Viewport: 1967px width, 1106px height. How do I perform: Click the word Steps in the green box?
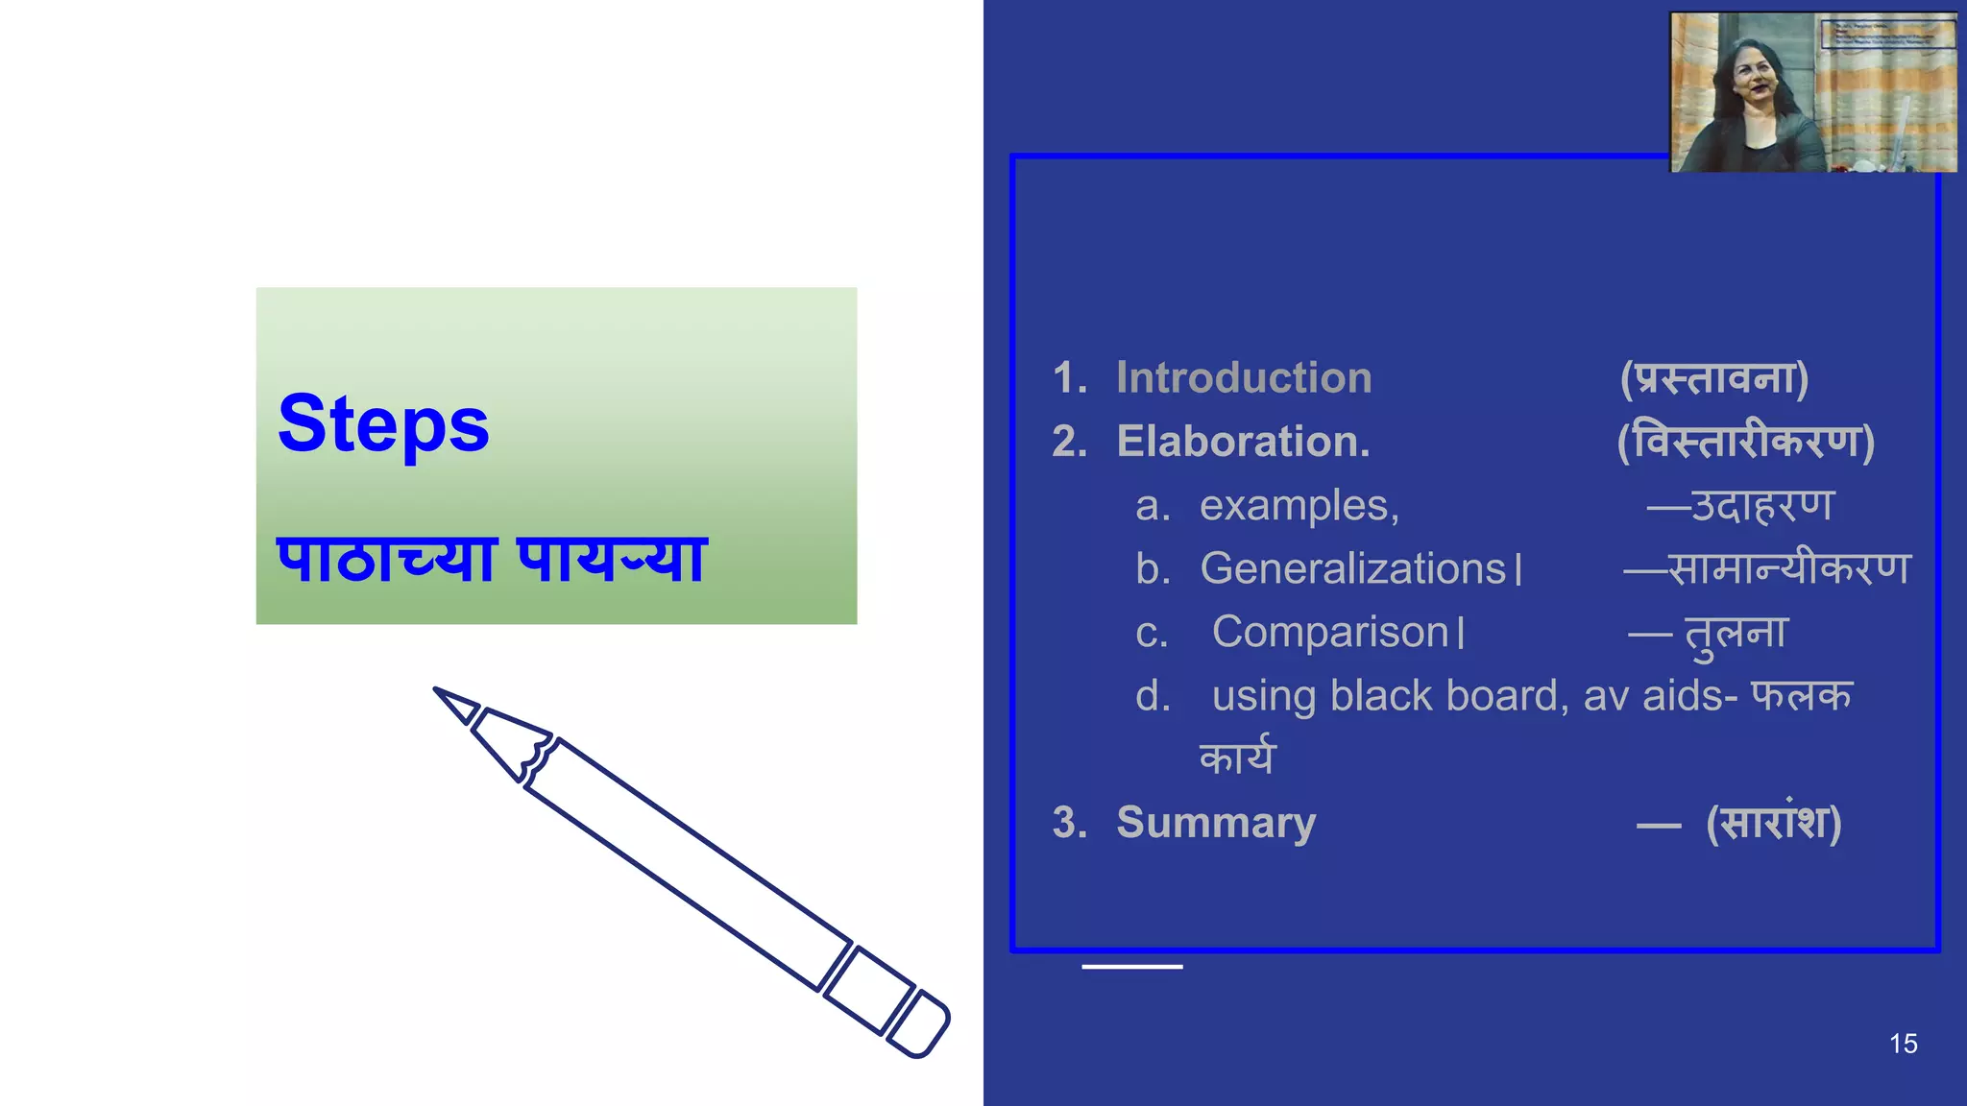383,424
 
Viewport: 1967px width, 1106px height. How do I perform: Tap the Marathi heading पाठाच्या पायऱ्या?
492,559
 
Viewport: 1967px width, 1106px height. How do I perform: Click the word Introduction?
1244,377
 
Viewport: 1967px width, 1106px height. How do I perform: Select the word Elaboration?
1243,442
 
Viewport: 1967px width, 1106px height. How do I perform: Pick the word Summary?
1216,823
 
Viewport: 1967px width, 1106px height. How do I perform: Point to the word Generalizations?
1352,569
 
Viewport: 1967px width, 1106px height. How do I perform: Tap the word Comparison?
1330,633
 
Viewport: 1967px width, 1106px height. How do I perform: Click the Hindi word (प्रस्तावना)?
1714,377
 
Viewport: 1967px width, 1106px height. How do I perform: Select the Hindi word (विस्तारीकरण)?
1746,442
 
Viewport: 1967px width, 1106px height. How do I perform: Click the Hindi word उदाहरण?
1762,506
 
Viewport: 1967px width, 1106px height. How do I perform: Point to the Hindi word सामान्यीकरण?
1789,569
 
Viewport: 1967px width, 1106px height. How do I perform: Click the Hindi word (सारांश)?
1774,823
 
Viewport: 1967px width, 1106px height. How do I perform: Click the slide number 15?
1903,1044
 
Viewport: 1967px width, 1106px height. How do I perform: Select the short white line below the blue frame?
1131,967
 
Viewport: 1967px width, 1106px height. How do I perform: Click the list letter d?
1153,696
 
